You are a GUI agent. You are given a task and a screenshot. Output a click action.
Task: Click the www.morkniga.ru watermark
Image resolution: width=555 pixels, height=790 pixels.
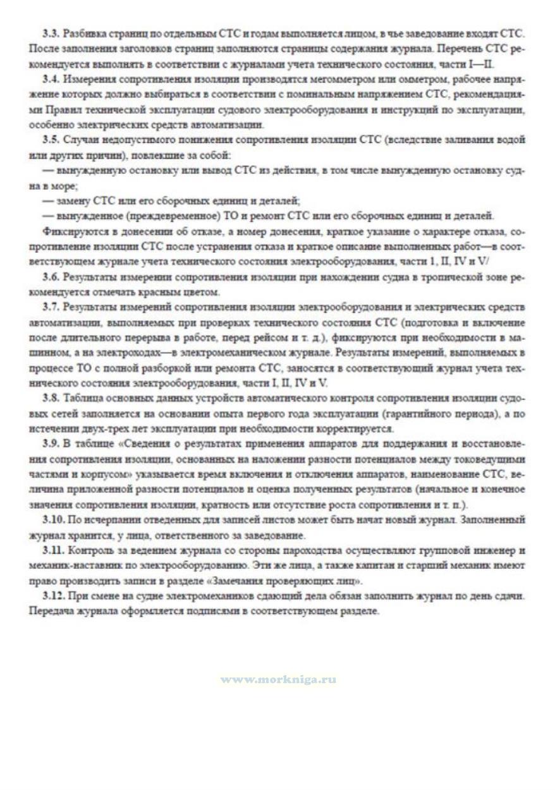(277, 679)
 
